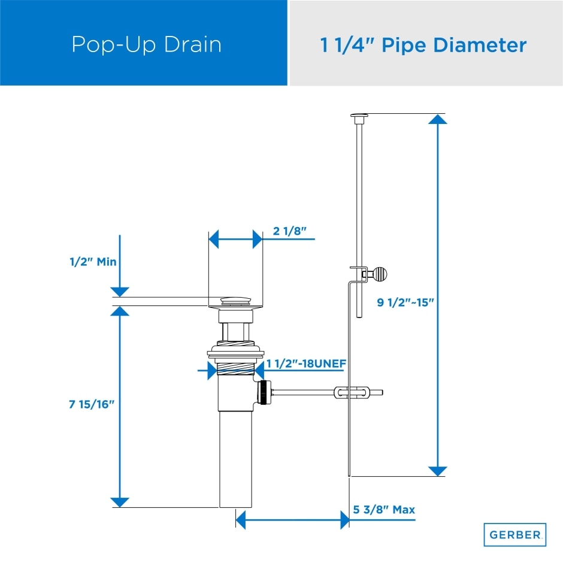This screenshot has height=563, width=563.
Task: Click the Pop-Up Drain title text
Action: [146, 44]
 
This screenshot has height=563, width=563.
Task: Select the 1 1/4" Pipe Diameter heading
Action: [423, 45]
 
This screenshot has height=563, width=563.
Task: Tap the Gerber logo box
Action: [515, 534]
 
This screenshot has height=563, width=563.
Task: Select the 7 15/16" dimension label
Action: [92, 405]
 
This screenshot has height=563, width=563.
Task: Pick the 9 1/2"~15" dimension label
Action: [405, 302]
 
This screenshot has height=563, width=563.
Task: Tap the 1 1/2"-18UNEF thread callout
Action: [307, 363]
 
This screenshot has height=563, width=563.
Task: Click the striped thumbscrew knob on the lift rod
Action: [380, 274]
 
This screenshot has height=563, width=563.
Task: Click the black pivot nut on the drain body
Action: [263, 393]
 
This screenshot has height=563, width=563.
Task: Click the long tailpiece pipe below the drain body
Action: [235, 458]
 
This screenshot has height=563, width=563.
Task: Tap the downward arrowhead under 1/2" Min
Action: [120, 292]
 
